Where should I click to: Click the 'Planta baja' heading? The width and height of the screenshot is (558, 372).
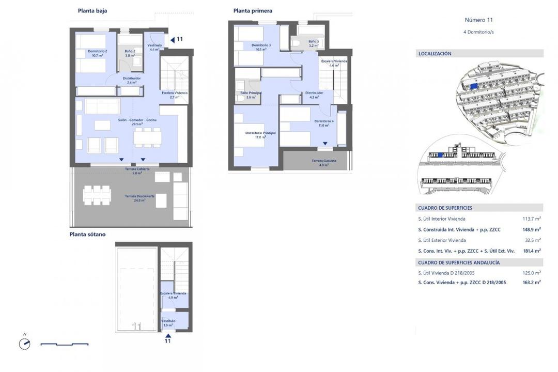[x=92, y=10]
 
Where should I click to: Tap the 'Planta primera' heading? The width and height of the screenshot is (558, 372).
[x=253, y=10]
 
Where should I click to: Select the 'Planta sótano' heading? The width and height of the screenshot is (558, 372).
[x=87, y=234]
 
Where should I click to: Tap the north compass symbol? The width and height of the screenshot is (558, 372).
[x=24, y=344]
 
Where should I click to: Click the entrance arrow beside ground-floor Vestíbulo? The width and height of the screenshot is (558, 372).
[x=173, y=39]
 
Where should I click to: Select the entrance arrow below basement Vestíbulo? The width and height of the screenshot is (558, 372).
[x=167, y=335]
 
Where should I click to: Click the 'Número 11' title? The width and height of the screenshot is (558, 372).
[x=479, y=20]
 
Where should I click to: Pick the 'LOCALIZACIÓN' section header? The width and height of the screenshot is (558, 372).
[x=435, y=53]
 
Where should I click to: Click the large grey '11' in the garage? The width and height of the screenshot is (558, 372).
[x=137, y=327]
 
